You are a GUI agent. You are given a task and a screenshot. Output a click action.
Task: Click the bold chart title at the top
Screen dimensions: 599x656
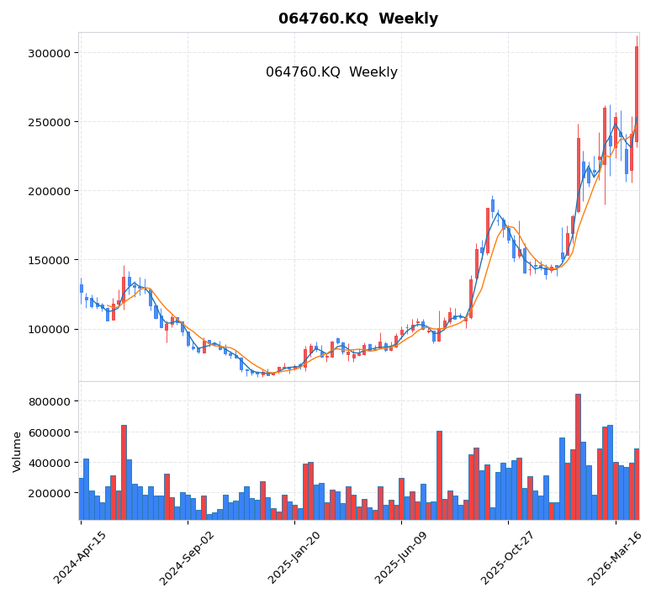pos(358,19)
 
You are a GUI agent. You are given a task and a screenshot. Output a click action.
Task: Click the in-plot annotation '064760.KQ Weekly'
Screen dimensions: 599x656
pos(331,72)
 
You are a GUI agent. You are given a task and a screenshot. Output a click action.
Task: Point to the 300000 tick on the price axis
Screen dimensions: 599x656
pos(49,53)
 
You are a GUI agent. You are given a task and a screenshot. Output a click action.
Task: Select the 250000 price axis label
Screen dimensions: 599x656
pos(49,122)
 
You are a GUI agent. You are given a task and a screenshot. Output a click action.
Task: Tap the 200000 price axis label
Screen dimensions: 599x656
pos(49,191)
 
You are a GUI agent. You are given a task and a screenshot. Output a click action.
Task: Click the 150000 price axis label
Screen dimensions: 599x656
pos(49,260)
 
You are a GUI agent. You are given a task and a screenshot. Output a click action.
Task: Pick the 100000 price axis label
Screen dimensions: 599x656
pos(49,329)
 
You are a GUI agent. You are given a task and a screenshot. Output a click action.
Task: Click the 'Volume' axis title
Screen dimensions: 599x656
pos(17,451)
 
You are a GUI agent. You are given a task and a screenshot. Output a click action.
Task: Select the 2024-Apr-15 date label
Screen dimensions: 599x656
pos(81,557)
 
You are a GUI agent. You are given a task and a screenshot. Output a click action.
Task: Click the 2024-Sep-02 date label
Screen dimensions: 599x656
pos(187,557)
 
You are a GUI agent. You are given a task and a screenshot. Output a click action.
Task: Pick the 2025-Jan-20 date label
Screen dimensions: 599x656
pos(294,557)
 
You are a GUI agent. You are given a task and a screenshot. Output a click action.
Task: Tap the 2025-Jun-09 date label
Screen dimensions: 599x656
pos(401,557)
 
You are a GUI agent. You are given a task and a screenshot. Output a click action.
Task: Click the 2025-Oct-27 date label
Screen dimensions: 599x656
pos(508,557)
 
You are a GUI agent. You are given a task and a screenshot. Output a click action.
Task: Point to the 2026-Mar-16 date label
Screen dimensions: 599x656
pos(615,557)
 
